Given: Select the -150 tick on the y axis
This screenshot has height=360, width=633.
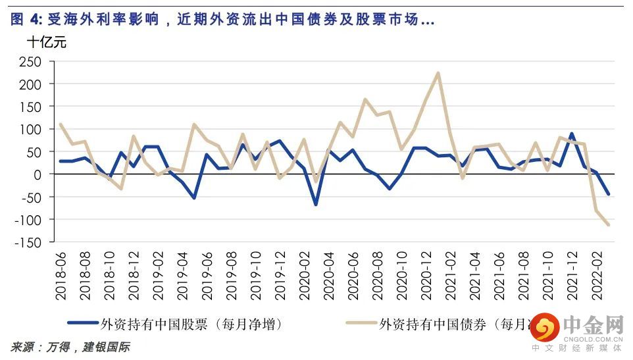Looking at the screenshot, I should [30, 242].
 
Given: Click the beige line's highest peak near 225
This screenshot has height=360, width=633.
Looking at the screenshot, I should [438, 73].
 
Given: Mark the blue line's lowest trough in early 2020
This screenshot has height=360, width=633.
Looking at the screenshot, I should [316, 205].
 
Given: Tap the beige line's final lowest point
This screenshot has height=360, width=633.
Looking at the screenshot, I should [608, 225].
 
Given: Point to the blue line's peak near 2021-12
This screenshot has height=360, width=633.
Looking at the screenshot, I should [571, 134].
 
